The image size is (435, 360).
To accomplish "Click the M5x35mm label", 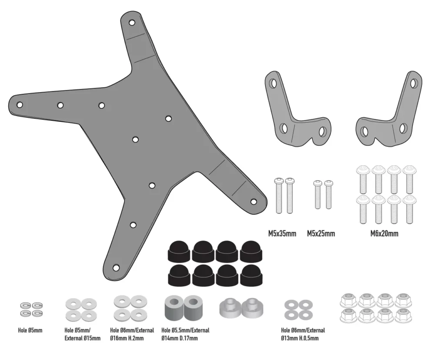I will (282, 234).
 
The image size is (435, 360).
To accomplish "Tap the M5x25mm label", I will (321, 234).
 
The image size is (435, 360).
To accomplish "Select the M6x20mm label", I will (385, 234).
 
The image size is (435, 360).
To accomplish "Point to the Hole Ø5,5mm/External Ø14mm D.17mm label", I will (185, 334).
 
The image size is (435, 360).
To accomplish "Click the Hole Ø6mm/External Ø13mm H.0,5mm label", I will (303, 334).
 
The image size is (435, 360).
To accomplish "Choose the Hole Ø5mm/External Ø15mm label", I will (82, 334).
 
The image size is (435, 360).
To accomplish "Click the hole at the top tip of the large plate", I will (131, 22).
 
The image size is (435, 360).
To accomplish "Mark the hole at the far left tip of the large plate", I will (20, 104).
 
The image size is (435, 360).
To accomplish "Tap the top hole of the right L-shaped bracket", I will (413, 82).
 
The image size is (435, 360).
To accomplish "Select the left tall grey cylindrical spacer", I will (173, 307).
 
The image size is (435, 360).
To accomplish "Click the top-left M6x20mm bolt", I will (363, 178).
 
